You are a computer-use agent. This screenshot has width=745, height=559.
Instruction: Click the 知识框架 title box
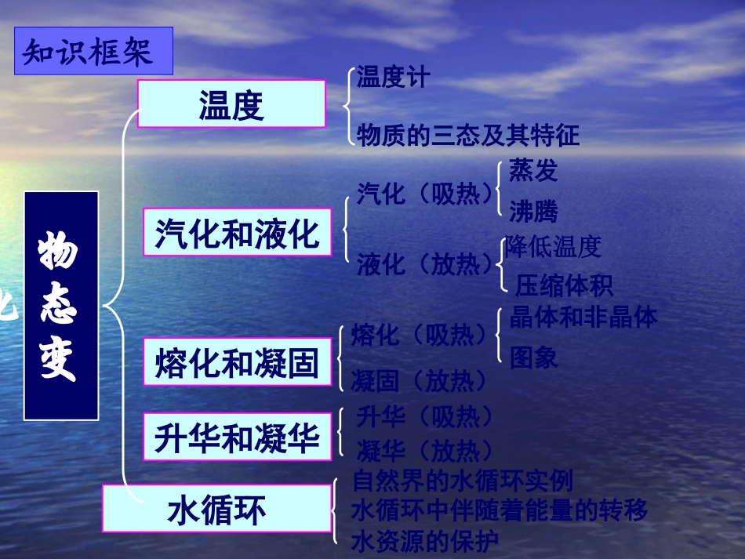(x=93, y=52)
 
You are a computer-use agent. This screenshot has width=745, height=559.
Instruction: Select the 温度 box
(x=231, y=104)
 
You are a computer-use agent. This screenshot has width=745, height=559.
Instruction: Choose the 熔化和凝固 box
(x=237, y=362)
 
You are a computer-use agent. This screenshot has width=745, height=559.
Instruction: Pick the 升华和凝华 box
(x=237, y=436)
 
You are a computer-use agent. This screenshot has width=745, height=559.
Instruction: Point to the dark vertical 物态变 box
(x=60, y=305)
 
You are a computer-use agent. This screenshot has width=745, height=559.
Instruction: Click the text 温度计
(x=394, y=78)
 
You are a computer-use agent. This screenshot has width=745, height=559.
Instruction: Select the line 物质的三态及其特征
(x=468, y=136)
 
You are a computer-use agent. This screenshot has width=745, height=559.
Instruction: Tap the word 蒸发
(x=533, y=170)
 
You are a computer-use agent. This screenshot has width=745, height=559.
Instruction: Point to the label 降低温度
(x=554, y=247)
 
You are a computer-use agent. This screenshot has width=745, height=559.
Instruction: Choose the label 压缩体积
(x=564, y=285)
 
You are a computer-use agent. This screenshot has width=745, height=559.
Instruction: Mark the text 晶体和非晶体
(x=583, y=317)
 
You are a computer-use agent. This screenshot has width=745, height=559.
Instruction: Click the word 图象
(x=533, y=358)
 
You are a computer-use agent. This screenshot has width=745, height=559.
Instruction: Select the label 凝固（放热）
(x=420, y=382)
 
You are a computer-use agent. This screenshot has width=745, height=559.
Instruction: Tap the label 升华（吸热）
(x=425, y=416)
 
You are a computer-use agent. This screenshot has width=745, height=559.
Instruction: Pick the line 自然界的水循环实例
(x=463, y=480)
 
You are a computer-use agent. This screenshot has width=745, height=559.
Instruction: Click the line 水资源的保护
(x=425, y=541)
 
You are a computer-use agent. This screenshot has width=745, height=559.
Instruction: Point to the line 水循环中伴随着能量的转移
(x=500, y=511)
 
